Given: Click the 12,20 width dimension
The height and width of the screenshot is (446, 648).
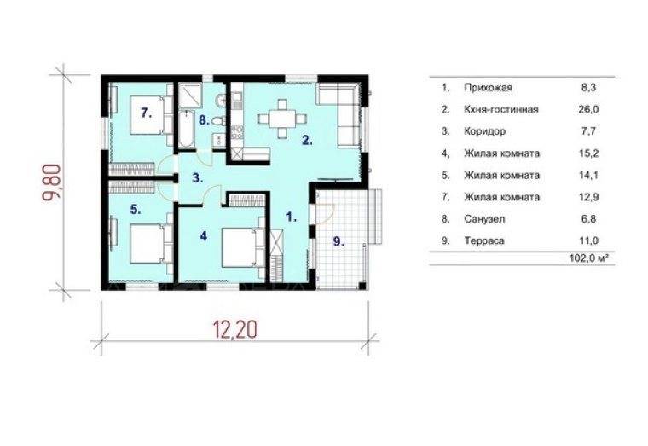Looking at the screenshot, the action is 235,329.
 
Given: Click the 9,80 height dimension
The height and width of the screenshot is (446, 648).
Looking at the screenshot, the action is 53,182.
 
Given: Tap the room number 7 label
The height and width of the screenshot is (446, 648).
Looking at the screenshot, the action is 146,113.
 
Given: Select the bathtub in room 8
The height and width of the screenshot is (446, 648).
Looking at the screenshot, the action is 186,129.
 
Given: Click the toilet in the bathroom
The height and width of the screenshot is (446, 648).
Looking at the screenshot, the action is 218,121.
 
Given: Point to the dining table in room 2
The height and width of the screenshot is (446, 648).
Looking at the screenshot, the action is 283,119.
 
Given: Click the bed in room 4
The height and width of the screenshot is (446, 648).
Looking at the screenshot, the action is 243,247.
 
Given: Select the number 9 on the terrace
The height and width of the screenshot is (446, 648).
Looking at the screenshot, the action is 338,242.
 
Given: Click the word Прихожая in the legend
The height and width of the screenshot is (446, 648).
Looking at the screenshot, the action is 488,88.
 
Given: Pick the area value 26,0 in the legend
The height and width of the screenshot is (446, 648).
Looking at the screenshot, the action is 588,109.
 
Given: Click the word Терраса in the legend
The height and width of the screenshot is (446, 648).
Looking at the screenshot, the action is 484,240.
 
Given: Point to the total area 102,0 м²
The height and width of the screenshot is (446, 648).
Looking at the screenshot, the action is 590,258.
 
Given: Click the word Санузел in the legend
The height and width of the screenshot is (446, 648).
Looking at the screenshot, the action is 484,218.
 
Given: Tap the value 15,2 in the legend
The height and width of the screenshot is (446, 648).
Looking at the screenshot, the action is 588,153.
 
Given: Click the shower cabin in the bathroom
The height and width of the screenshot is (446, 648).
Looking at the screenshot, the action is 190,95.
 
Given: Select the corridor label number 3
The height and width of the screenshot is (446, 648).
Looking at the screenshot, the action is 198,178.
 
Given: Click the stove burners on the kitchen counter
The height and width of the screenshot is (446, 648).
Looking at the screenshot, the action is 237,132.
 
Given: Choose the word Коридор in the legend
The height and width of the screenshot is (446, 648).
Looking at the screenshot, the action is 485,131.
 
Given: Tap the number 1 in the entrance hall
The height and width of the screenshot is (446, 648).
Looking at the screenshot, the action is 292,217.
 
